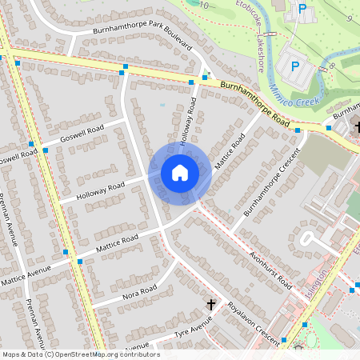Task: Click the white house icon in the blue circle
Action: tap(180, 173)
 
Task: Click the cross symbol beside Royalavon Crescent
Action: tap(211, 304)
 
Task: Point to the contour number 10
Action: tap(205, 6)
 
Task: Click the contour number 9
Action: tap(350, 17)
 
